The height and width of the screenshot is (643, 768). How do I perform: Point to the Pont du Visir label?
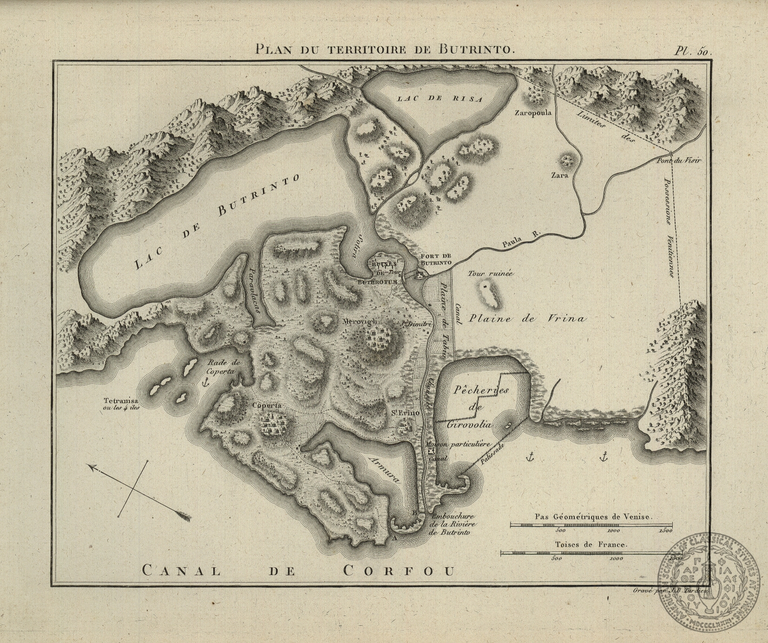pos(678,160)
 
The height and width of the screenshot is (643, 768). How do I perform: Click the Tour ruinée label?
pos(490,274)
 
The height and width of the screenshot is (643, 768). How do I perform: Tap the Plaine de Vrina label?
pos(527,319)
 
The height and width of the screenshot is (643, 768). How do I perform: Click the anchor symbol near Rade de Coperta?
pos(205,382)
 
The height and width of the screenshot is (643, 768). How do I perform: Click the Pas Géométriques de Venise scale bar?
pos(591,525)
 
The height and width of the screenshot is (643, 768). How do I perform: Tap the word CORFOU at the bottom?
pos(398,570)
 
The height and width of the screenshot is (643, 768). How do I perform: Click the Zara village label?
pos(559,176)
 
